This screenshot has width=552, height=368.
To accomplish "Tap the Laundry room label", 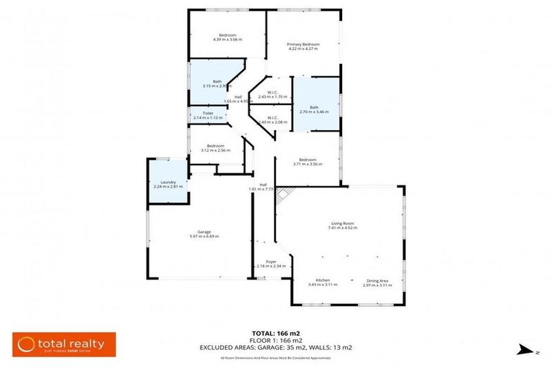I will pyautogui.click(x=168, y=182).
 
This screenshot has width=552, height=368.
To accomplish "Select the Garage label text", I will pyautogui.click(x=204, y=231).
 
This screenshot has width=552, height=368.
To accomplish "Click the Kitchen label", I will pyautogui.click(x=323, y=280).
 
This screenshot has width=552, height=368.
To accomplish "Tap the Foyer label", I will pyautogui.click(x=271, y=262).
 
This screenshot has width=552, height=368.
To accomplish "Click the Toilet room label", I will pyautogui.click(x=208, y=113).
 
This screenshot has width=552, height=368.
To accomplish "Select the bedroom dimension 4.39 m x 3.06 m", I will pyautogui.click(x=227, y=40).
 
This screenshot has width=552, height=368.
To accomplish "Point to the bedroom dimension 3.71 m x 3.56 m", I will pyautogui.click(x=308, y=164).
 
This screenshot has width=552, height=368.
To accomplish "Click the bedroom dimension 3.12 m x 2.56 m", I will pyautogui.click(x=215, y=150).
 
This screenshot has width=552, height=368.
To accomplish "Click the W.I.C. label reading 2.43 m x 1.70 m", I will pyautogui.click(x=272, y=96).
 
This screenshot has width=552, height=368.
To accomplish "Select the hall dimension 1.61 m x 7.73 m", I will pyautogui.click(x=263, y=188).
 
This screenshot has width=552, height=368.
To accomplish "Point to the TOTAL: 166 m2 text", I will pyautogui.click(x=275, y=333).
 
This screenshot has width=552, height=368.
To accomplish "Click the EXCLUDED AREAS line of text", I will pyautogui.click(x=276, y=347).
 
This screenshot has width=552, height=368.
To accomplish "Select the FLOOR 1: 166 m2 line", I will pyautogui.click(x=275, y=341).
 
